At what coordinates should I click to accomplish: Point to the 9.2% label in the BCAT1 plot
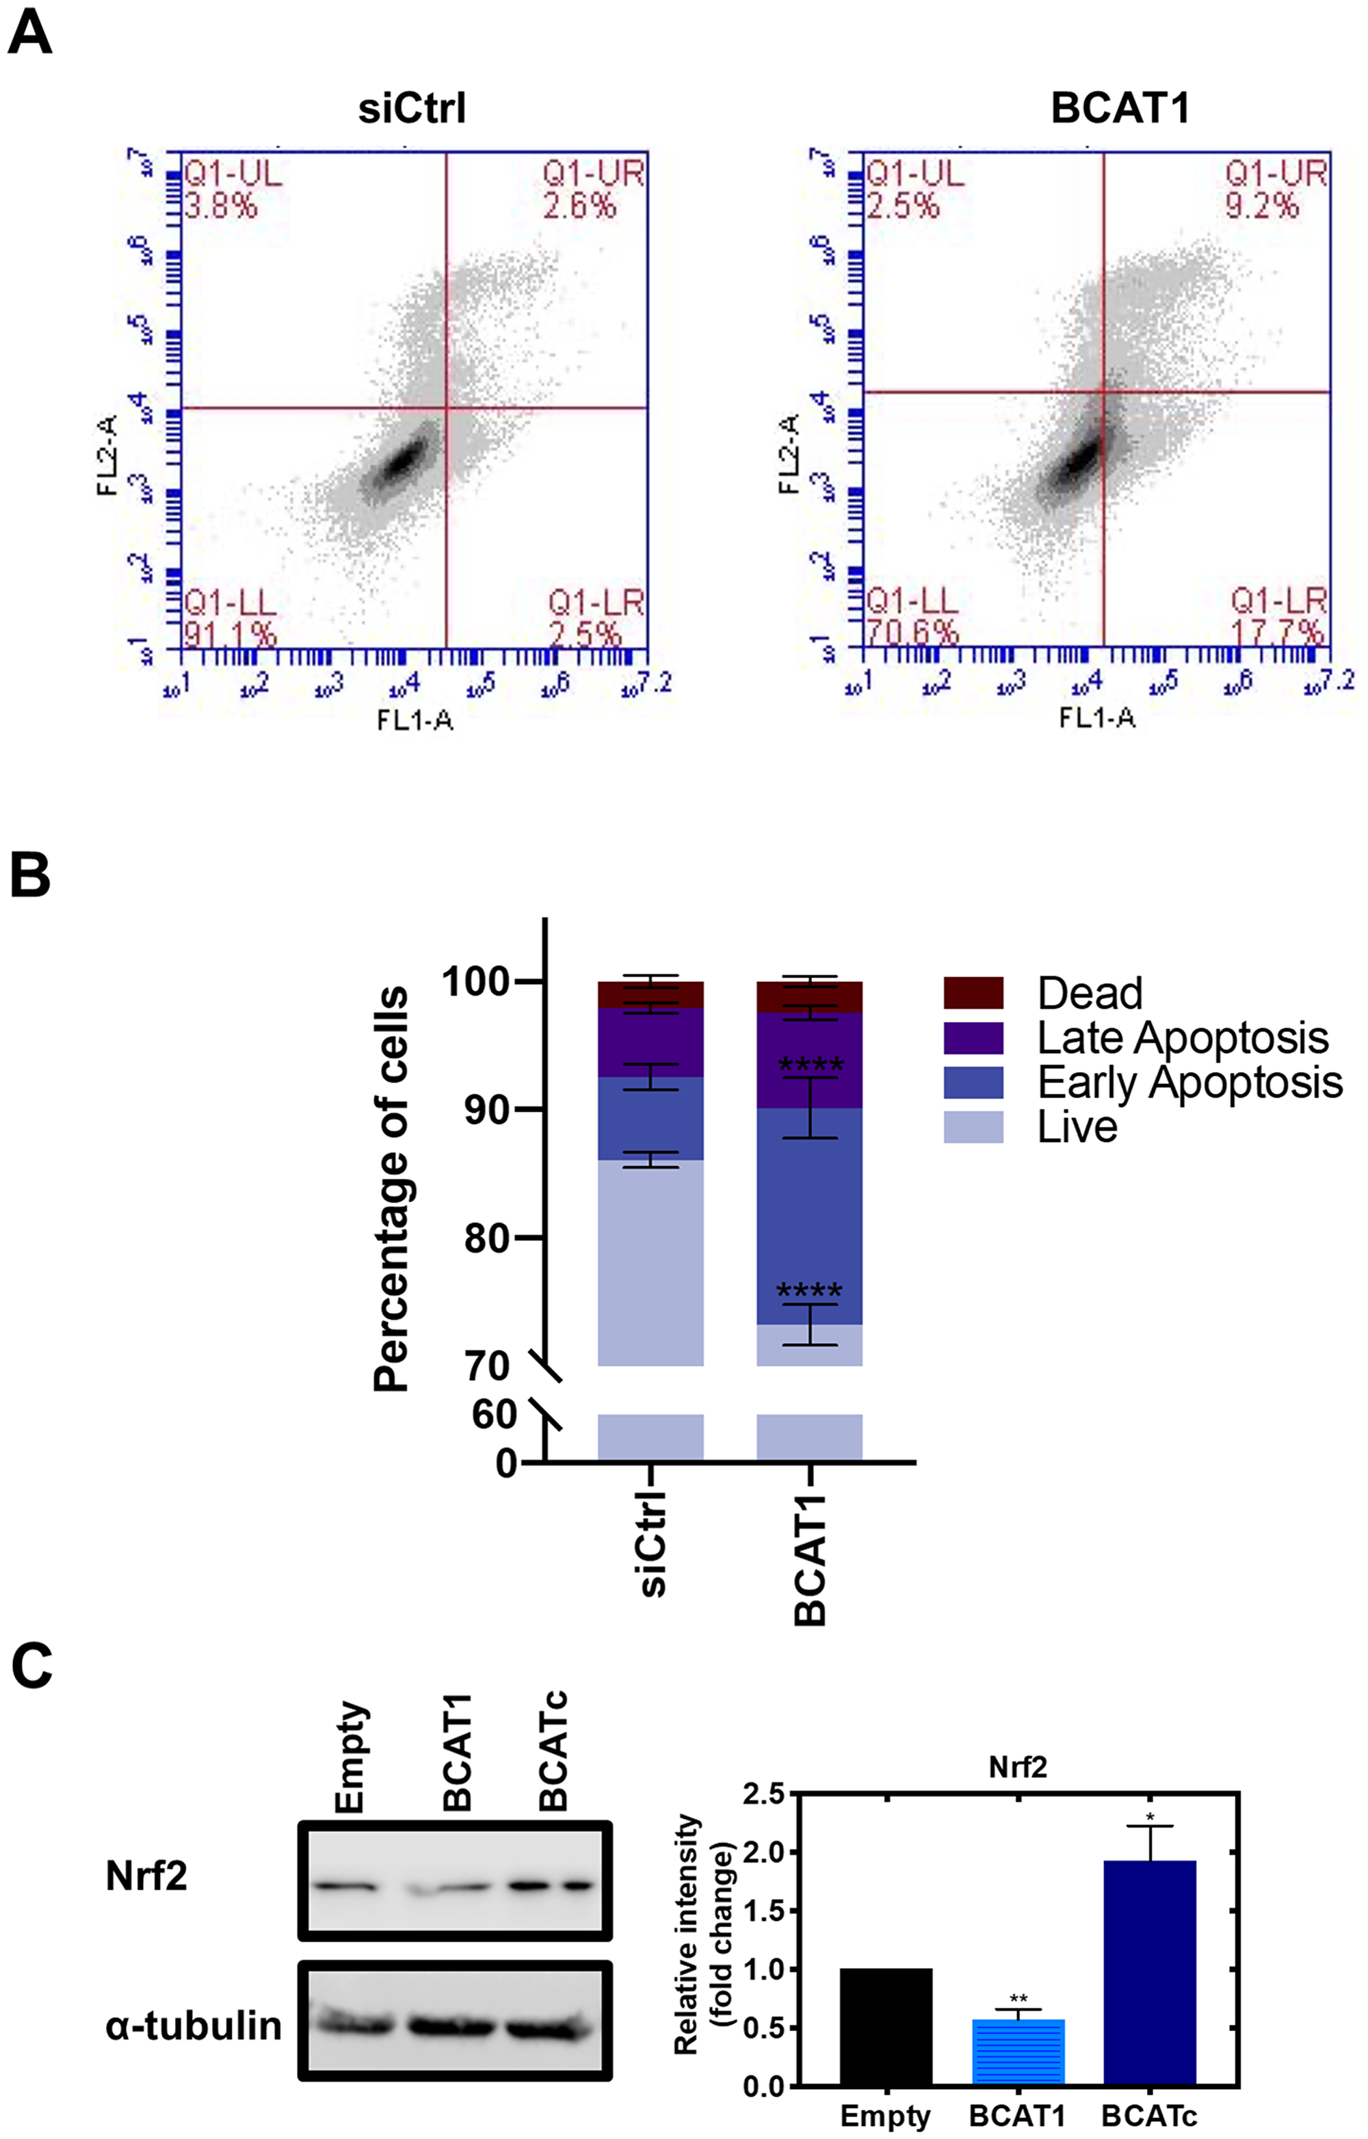pos(1261,206)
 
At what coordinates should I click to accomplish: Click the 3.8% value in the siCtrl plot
pos(220,206)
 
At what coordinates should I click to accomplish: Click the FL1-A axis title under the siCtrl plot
pos(415,719)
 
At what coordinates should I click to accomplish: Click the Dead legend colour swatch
pos(973,993)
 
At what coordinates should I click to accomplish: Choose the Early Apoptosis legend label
pos(1189,1082)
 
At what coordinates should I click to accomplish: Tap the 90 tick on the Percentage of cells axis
pos(488,1109)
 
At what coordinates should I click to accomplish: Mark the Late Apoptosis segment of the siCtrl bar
pos(650,1042)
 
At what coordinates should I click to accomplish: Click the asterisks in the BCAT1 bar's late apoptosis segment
pos(810,1065)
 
